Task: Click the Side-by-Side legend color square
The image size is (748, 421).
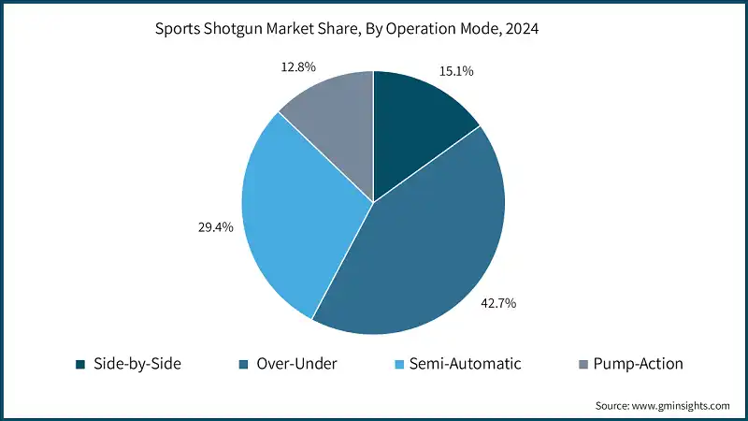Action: (81, 363)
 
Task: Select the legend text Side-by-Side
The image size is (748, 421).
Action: (137, 363)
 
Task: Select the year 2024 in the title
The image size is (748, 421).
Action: (521, 29)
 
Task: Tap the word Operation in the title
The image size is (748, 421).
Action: (419, 29)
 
